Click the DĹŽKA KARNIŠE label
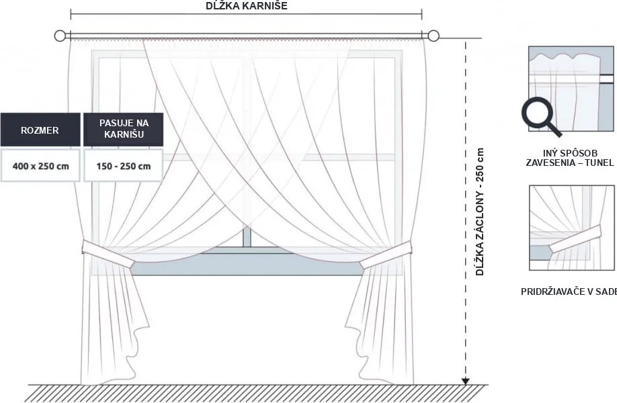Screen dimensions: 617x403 246,5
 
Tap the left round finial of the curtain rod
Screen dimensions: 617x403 59,36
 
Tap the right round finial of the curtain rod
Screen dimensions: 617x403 434,36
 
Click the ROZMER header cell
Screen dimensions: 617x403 40,130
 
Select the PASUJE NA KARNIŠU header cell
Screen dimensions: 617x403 124,129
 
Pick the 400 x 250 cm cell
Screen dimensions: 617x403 40,165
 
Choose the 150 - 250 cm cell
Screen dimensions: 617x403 124,165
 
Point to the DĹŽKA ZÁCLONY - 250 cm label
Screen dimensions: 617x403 480,212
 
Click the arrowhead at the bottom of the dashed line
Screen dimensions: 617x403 466,381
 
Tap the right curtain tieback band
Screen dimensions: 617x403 386,255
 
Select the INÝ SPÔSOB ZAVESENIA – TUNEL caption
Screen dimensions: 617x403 569,158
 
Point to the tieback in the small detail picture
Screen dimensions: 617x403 575,238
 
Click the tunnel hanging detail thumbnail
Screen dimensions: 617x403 571,89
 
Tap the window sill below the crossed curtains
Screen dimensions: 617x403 247,264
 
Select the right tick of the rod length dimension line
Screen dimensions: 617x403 422,15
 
